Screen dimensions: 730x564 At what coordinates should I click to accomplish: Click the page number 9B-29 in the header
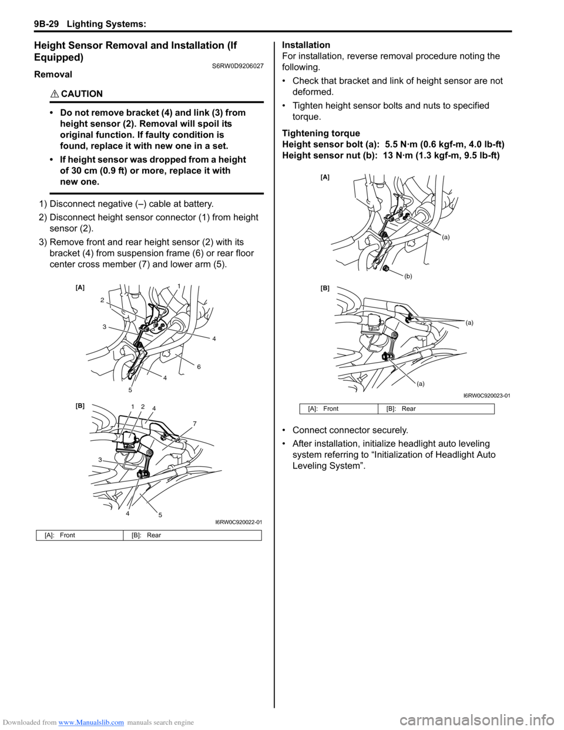click(x=46, y=24)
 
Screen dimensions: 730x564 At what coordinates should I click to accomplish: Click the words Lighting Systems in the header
click(x=106, y=24)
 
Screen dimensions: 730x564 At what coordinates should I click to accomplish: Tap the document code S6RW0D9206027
click(x=237, y=66)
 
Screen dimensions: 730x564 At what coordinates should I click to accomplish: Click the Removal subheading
click(x=53, y=75)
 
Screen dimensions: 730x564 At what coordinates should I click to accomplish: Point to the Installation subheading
click(x=306, y=45)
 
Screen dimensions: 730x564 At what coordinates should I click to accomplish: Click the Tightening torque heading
click(x=321, y=133)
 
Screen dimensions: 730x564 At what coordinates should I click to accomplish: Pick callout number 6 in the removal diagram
click(x=199, y=367)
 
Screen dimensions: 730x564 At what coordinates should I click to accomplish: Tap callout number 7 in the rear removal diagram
click(x=194, y=424)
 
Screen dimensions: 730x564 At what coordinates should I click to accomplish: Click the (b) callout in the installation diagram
click(x=408, y=276)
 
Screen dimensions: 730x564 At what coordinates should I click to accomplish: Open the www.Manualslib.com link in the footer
click(x=91, y=722)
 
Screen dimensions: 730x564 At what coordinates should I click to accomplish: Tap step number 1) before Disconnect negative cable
click(x=43, y=204)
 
